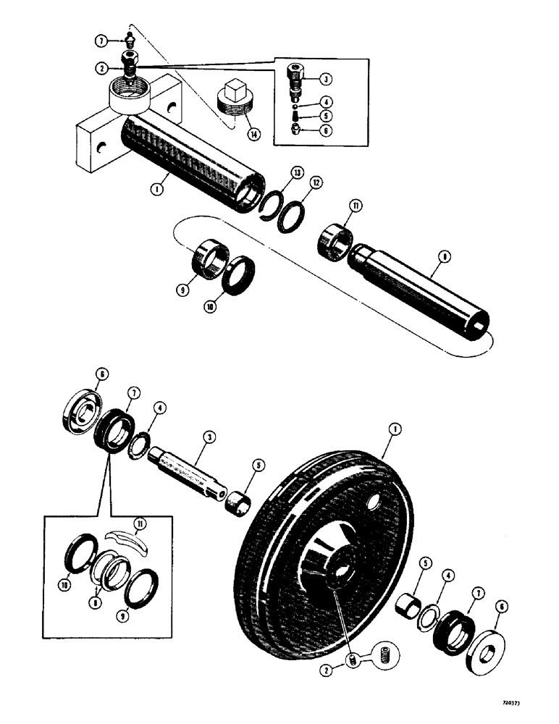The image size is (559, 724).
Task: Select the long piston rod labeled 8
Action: [420, 289]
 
